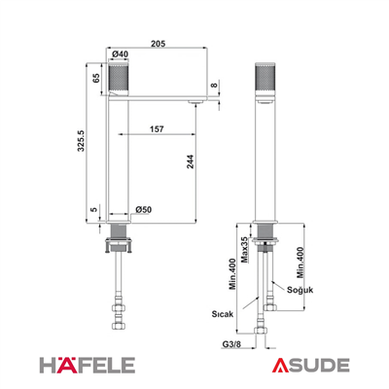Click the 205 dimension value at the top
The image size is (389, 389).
[158, 44]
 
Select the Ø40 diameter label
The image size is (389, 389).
[120, 54]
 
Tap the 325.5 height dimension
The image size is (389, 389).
[81, 141]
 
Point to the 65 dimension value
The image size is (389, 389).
[96, 78]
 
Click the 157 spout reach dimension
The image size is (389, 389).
[157, 129]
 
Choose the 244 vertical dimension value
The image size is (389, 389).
[190, 161]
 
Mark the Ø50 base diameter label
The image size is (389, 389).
[143, 210]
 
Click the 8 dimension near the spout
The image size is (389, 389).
[213, 85]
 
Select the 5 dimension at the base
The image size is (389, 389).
[93, 209]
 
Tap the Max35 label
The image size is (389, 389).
[245, 249]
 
